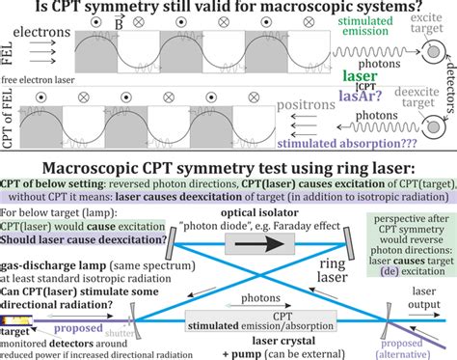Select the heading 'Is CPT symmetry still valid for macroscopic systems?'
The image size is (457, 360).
(228, 9)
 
